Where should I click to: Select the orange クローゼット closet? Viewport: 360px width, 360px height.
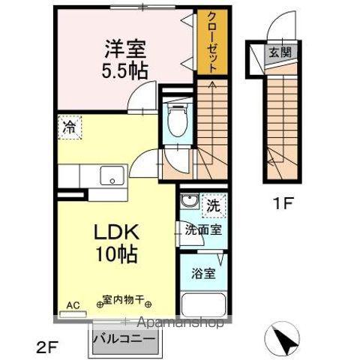tap(211, 42)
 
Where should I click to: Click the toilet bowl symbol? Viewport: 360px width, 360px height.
tap(178, 120)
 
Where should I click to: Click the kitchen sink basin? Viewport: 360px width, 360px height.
tap(112, 178)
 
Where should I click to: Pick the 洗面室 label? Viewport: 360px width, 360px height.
tap(204, 230)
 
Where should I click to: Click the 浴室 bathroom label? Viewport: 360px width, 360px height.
tap(203, 273)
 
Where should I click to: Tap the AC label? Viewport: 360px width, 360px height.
tap(73, 305)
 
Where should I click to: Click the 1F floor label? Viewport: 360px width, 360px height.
tap(281, 201)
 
